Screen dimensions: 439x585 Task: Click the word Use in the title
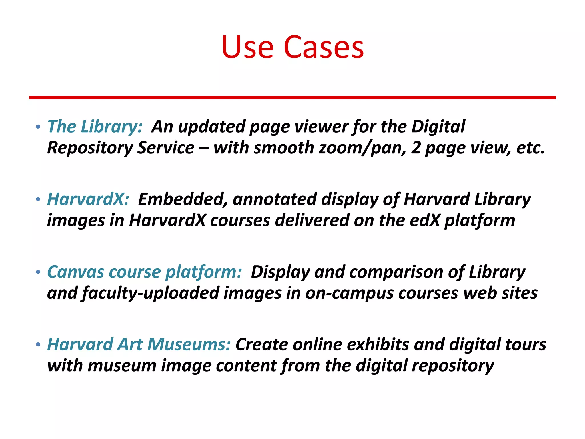pyautogui.click(x=247, y=47)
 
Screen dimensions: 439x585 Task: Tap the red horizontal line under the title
pyautogui.click(x=292, y=98)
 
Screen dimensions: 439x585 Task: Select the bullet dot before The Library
pyautogui.click(x=38, y=127)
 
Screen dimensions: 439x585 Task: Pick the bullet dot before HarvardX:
pyautogui.click(x=38, y=200)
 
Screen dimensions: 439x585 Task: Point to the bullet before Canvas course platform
pyautogui.click(x=38, y=272)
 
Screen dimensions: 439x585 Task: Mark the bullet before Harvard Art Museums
pyautogui.click(x=38, y=345)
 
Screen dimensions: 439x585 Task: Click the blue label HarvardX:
pyautogui.click(x=88, y=199)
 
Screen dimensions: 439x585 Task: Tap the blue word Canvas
pyautogui.click(x=75, y=272)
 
